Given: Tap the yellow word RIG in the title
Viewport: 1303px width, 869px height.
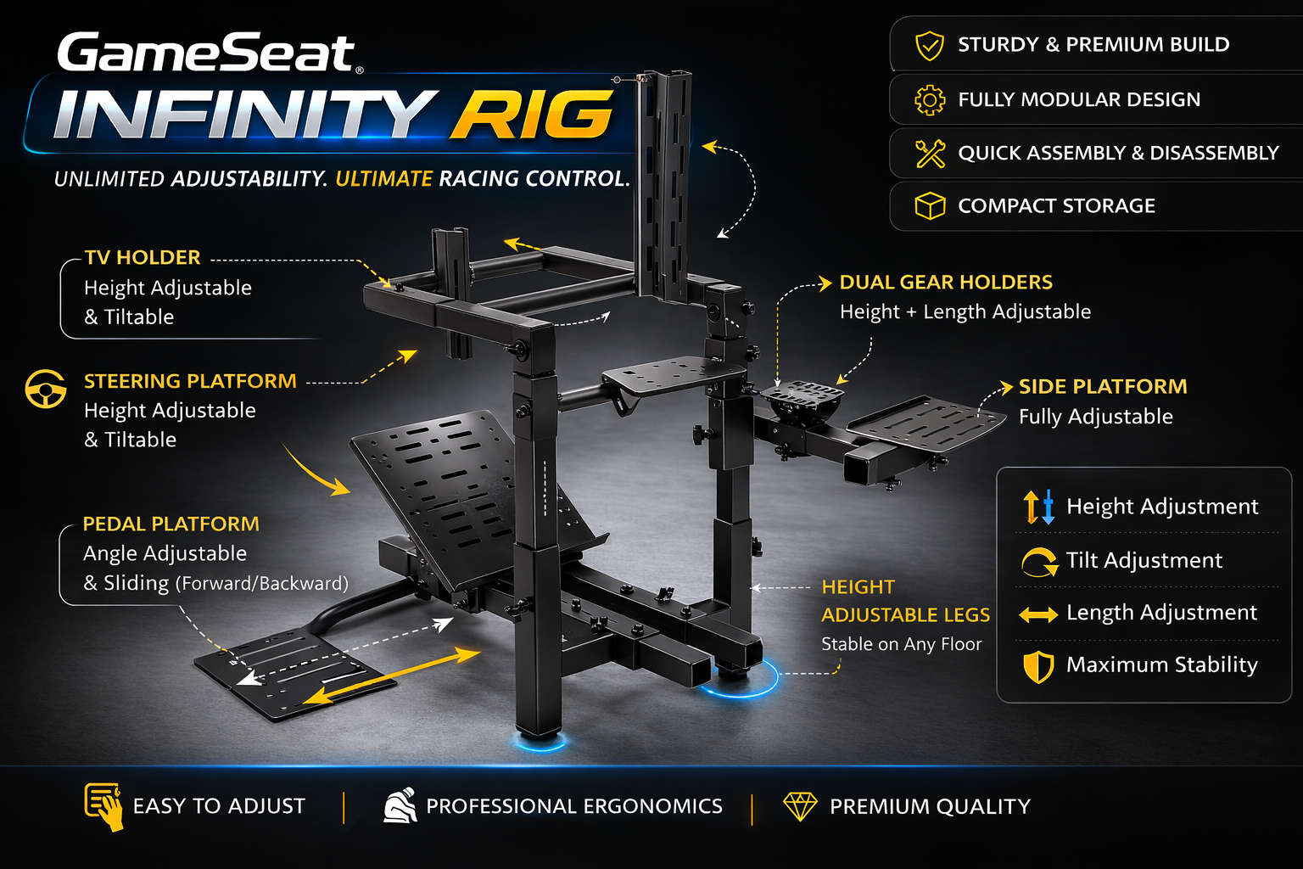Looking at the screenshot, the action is [x=531, y=115].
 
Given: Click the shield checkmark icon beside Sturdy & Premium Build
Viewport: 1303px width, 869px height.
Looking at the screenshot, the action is [x=930, y=45].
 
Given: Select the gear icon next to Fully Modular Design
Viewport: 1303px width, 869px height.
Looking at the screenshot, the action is [x=930, y=99].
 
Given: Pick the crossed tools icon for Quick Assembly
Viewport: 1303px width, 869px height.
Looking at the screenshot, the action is [x=930, y=154].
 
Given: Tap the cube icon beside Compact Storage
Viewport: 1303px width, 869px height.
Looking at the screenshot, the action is [x=930, y=206].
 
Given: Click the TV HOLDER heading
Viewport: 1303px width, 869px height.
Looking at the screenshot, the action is [x=143, y=257].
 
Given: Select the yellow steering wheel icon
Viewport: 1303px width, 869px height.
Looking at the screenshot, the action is [x=45, y=389].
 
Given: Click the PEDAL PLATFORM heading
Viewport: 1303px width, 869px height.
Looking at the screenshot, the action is [x=171, y=524].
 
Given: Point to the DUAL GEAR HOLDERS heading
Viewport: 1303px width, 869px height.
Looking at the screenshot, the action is [x=946, y=283].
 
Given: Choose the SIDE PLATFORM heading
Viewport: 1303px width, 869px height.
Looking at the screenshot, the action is [x=1103, y=386].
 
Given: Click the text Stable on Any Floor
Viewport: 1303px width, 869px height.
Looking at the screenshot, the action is [x=901, y=644].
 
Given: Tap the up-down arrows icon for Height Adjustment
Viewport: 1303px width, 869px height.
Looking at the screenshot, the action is [x=1039, y=507].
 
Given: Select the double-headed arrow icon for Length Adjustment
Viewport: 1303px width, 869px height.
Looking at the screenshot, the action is [x=1039, y=614].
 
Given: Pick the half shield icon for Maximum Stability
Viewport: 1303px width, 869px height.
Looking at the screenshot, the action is [x=1038, y=666].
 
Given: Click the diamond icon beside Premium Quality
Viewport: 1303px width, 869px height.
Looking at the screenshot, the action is [x=800, y=806].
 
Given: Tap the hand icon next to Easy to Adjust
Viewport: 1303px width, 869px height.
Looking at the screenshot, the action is [x=104, y=807].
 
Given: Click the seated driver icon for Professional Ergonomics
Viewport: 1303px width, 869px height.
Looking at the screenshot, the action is [x=400, y=806].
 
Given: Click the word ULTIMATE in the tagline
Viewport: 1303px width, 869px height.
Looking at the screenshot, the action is [x=384, y=179].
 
